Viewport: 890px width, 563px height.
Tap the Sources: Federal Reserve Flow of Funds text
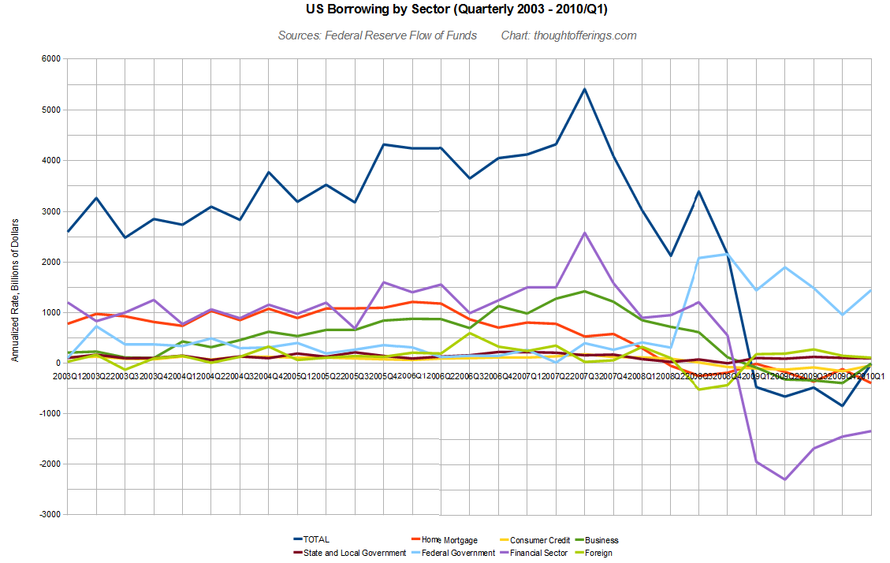377,35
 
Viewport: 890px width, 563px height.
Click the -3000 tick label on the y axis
49,514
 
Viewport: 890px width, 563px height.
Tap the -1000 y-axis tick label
49,413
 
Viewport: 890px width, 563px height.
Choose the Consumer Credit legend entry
540,540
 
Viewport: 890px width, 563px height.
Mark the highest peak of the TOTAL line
584,88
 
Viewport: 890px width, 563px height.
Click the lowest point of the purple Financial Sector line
785,479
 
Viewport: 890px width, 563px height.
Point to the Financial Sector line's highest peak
584,233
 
